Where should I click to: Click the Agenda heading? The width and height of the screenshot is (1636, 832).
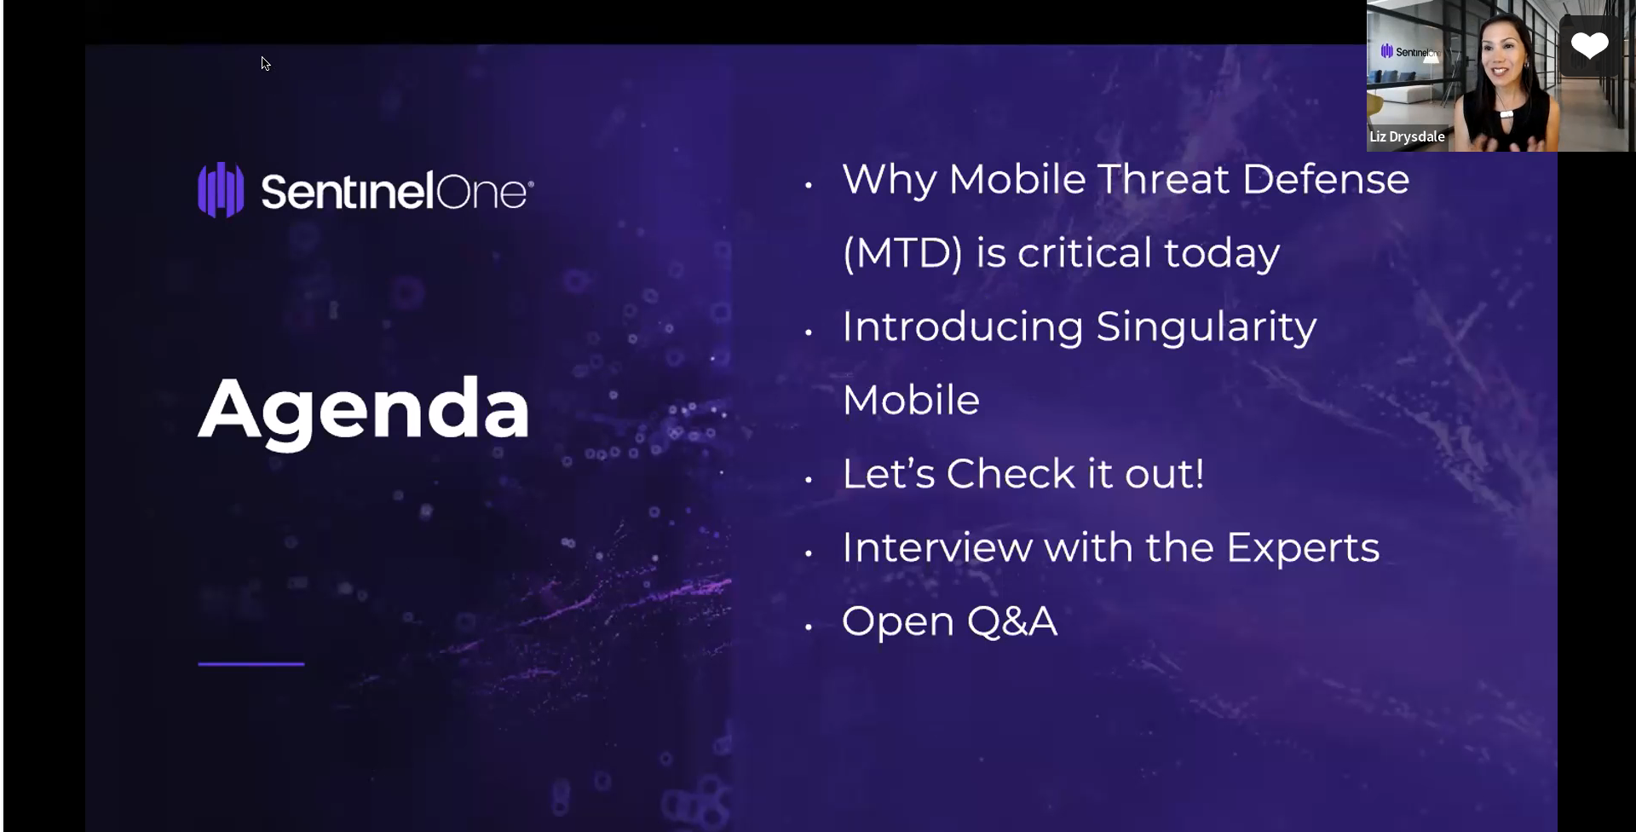[x=364, y=410]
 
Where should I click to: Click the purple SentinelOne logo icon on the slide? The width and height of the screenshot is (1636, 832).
[x=221, y=190]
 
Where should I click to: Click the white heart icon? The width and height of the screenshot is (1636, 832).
[x=1589, y=45]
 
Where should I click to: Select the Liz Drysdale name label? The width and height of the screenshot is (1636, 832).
[x=1407, y=136]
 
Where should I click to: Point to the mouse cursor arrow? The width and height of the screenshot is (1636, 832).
[x=265, y=63]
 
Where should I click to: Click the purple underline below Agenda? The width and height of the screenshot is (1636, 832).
[x=251, y=663]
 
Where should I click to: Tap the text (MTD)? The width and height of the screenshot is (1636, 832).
[x=902, y=253]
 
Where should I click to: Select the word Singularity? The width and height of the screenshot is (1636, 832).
[x=1206, y=326]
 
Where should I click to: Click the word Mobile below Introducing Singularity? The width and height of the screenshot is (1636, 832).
[x=910, y=400]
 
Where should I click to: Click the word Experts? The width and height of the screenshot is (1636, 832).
[x=1302, y=547]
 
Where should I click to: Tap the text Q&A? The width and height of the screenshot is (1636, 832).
[x=1012, y=621]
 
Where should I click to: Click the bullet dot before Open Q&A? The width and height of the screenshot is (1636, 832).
[x=809, y=627]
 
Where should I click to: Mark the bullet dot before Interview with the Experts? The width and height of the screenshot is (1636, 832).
[x=809, y=553]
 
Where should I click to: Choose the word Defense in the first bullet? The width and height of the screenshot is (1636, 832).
[x=1325, y=179]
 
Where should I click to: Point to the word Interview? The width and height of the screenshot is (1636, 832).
[x=936, y=547]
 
